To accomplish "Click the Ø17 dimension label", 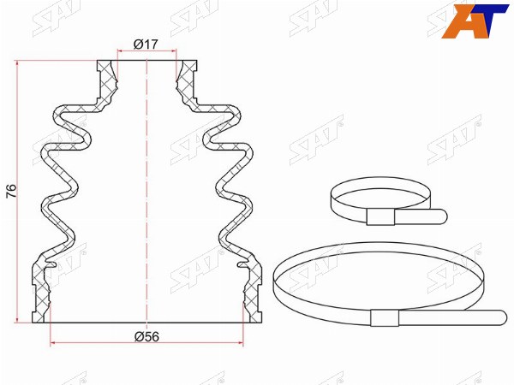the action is [146, 44].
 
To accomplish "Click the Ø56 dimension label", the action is [146, 336].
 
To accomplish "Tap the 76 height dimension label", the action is [12, 191].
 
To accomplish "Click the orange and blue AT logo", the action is [475, 21].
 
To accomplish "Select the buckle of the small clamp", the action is [380, 216].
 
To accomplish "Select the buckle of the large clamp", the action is [385, 317].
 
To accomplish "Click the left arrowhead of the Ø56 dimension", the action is [52, 343].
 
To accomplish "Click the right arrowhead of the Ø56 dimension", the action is [241, 343].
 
